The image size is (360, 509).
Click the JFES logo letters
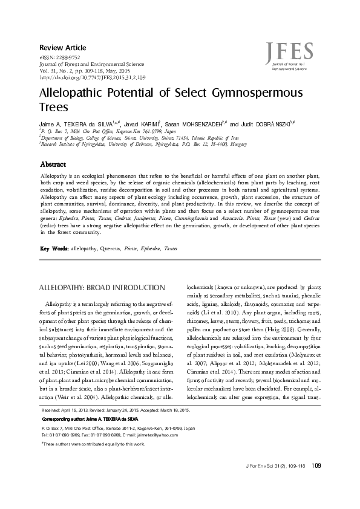(292, 51)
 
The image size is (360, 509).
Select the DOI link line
(92, 78)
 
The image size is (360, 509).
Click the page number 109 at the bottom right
(316, 482)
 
